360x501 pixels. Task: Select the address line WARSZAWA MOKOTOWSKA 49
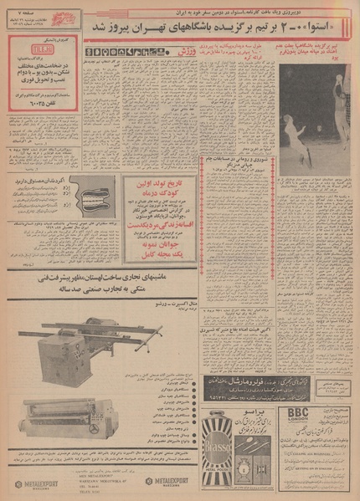[x=94, y=481]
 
